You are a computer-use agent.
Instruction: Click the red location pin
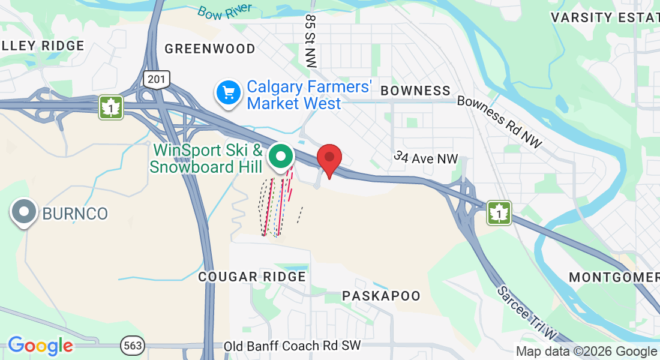[329, 158]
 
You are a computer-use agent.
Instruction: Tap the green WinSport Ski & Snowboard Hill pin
[280, 156]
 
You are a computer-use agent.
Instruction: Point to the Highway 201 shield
[157, 79]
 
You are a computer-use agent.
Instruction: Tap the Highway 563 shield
[131, 346]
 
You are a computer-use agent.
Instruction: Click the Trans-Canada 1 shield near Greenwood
[112, 107]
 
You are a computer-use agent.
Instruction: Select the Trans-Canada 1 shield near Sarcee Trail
[499, 212]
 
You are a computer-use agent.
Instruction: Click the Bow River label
[225, 12]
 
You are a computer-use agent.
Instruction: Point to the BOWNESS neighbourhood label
[415, 91]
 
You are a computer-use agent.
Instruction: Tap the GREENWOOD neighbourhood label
[210, 49]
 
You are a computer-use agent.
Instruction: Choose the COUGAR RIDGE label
[252, 277]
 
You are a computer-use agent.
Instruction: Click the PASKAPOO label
[381, 296]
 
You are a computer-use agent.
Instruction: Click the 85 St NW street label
[310, 41]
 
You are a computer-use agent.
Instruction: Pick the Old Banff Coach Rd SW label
[292, 346]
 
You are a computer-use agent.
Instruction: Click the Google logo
[40, 346]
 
